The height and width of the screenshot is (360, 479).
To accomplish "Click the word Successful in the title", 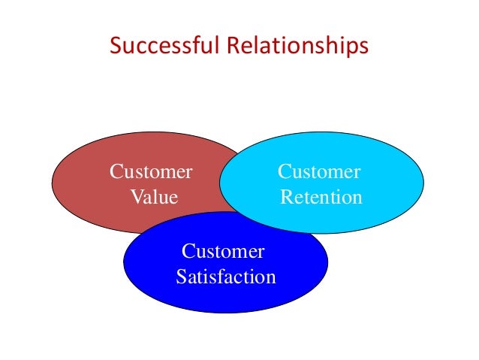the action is click(x=164, y=47).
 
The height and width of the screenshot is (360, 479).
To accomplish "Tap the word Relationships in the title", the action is click(x=296, y=47).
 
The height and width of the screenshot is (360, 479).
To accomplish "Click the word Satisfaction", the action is click(x=226, y=277).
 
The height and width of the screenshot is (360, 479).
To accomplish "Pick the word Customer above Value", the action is click(x=151, y=172).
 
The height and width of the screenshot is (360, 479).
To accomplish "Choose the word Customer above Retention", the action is click(x=319, y=172).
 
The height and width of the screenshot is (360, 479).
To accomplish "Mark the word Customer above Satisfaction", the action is click(x=223, y=251).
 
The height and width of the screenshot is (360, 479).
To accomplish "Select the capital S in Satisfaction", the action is click(x=181, y=277).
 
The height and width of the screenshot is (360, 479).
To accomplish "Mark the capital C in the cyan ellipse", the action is click(x=285, y=172).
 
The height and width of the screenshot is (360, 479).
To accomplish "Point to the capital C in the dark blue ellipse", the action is click(x=188, y=251).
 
